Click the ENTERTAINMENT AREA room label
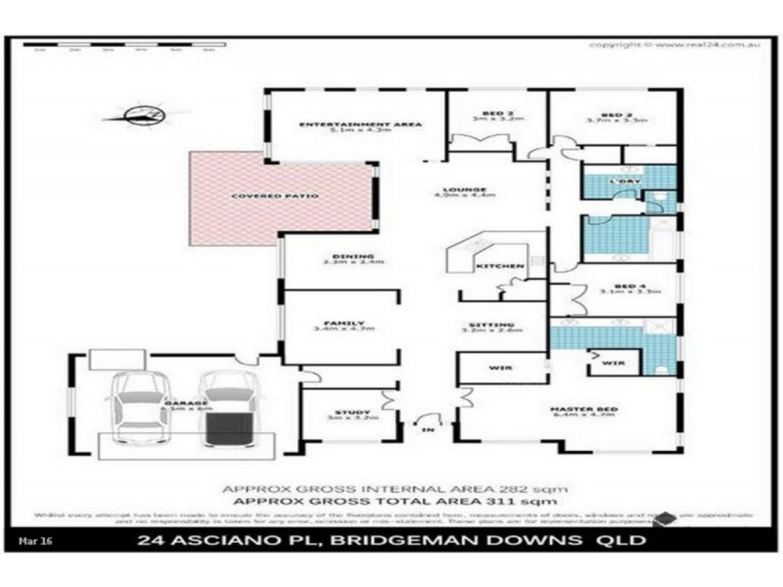359,124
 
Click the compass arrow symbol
144,118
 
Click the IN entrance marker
426,429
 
